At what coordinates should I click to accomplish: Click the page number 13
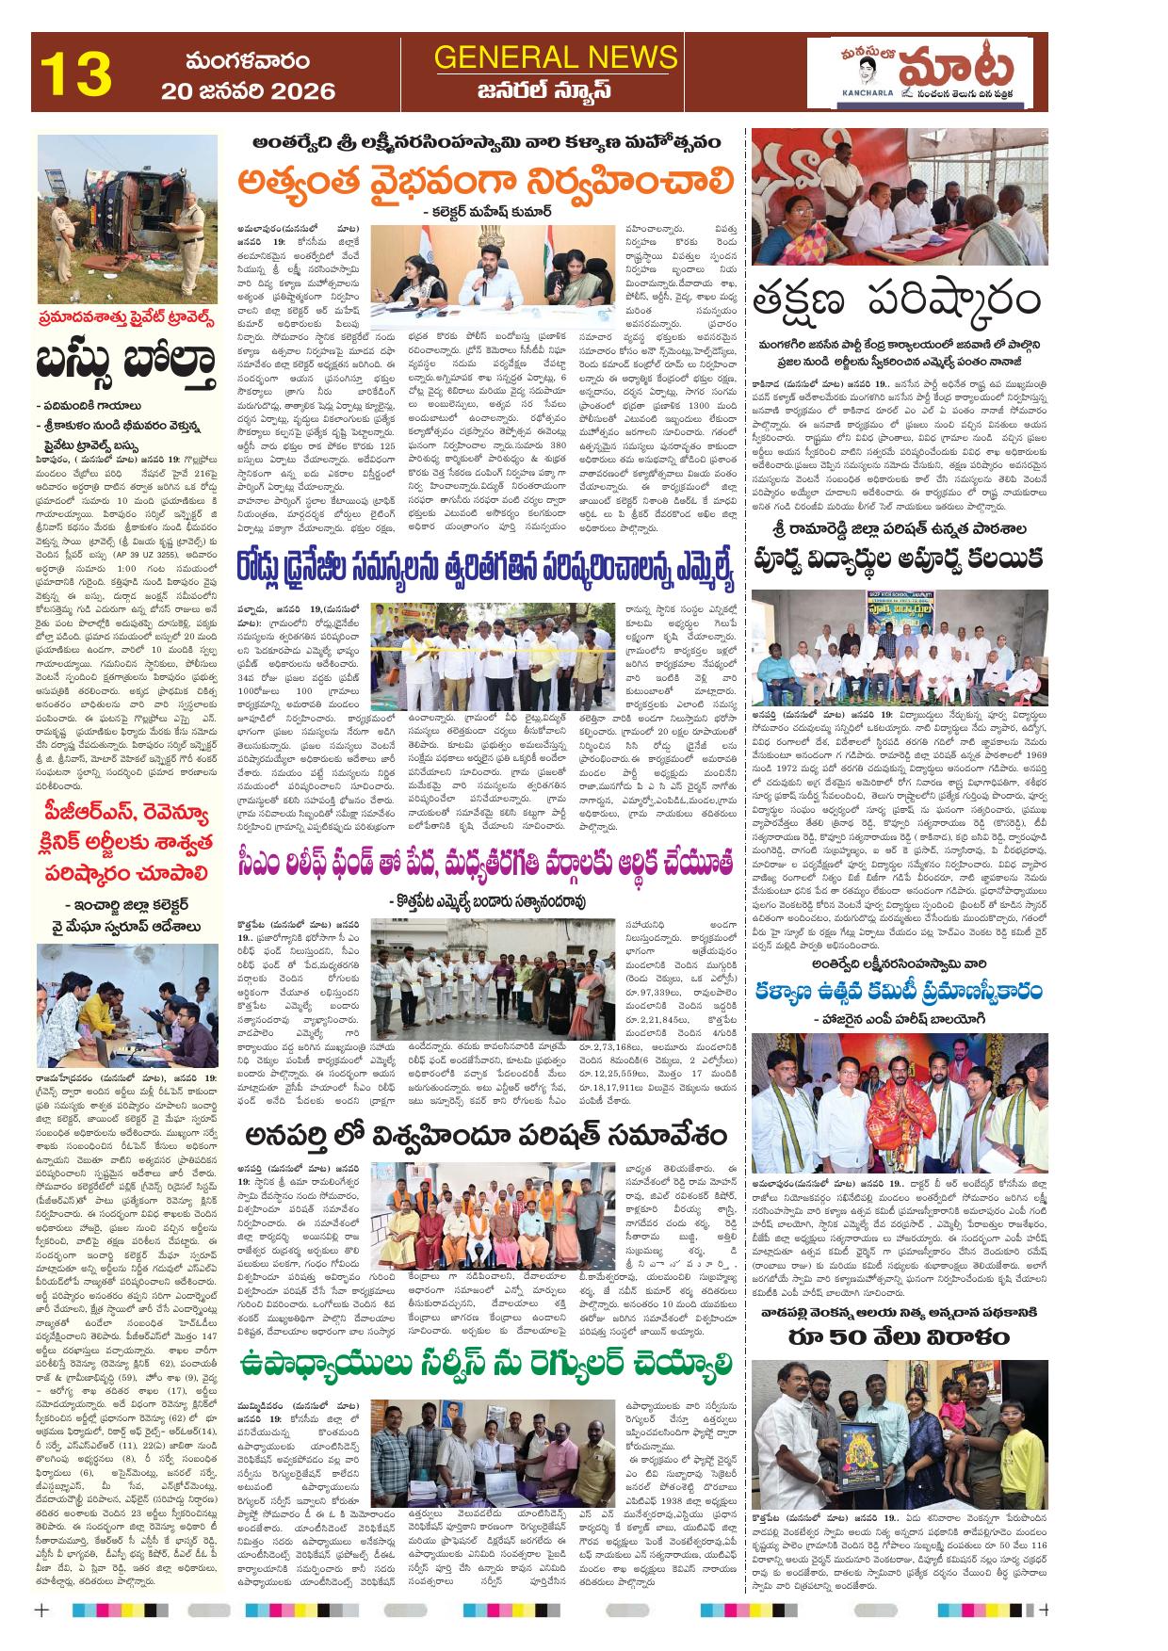click(76, 73)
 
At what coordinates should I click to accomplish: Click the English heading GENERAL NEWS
click(556, 57)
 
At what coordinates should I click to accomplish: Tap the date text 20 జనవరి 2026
click(248, 91)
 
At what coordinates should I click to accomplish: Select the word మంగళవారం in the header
click(247, 61)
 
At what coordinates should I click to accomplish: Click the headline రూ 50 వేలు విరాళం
click(899, 1336)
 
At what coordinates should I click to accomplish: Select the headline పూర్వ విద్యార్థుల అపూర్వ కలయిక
click(899, 558)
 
